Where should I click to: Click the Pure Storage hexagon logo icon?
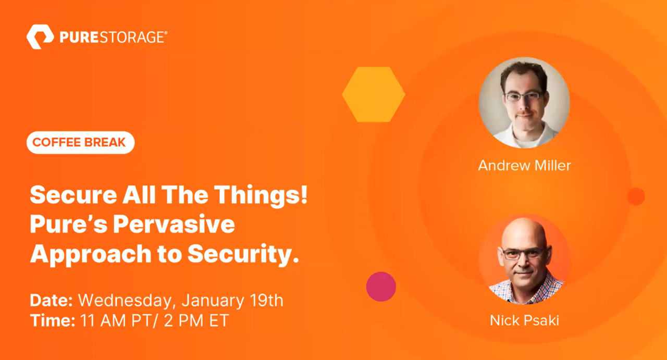(40, 36)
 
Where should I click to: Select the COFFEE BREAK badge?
(80, 142)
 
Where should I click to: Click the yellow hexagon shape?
(374, 94)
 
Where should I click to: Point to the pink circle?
(381, 287)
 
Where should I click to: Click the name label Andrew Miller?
(524, 165)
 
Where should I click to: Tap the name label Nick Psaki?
(524, 320)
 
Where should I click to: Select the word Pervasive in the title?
(174, 224)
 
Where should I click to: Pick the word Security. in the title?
(243, 254)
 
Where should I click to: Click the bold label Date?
(51, 300)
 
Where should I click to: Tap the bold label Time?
(53, 321)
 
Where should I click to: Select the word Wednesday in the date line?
(125, 301)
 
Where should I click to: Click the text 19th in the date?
(266, 300)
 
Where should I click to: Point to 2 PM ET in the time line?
(196, 321)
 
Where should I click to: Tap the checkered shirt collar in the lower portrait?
(526, 288)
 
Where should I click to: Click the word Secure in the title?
(73, 195)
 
